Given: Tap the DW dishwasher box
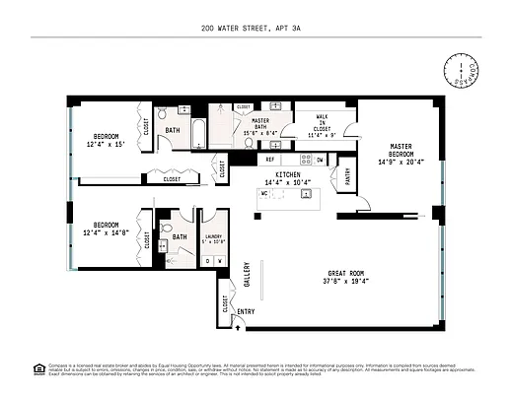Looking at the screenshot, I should (319, 159).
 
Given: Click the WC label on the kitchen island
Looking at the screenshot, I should (263, 193).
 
